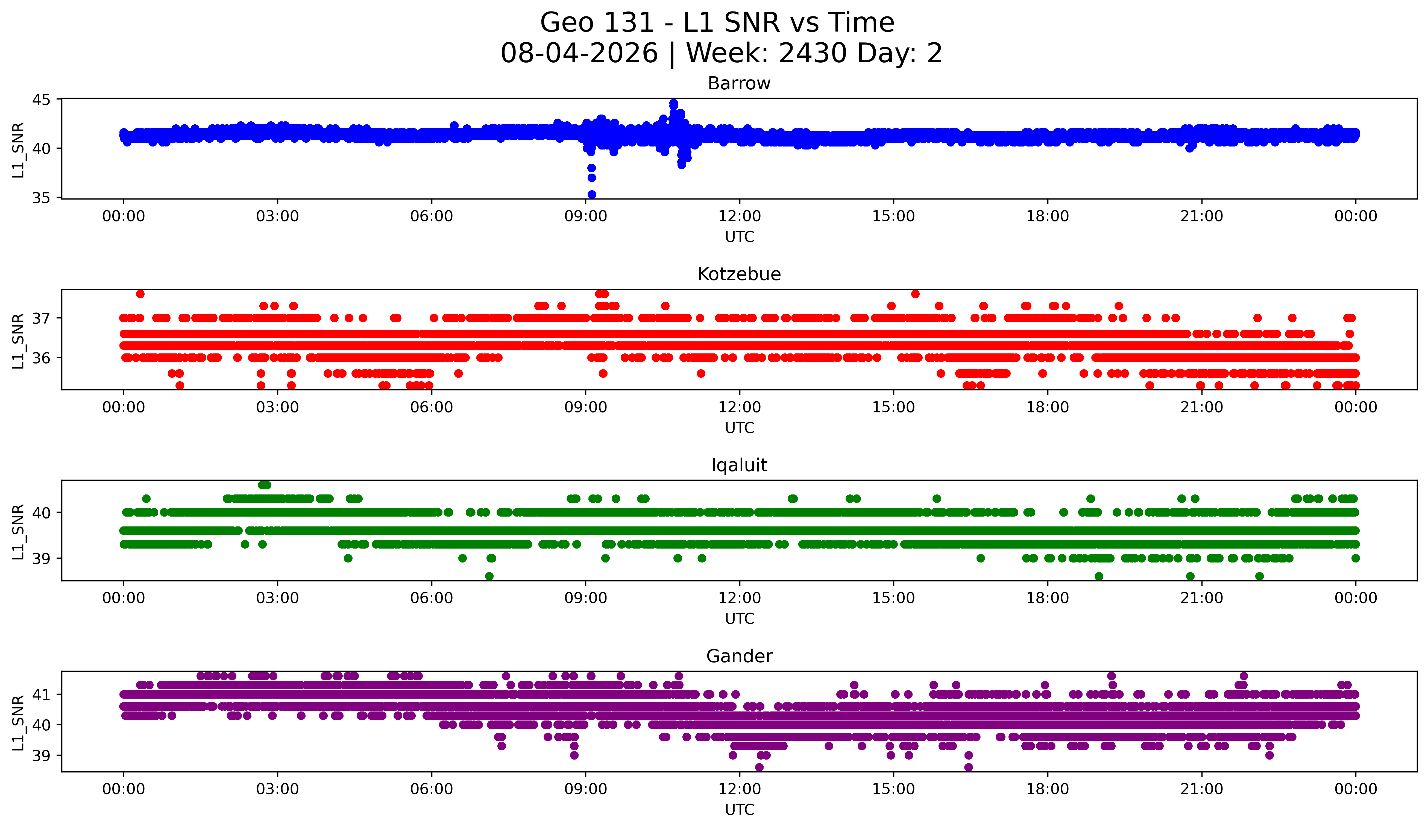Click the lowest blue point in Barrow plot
[x=592, y=194]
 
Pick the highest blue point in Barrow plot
[x=673, y=104]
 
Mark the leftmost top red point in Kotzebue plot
[x=140, y=294]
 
